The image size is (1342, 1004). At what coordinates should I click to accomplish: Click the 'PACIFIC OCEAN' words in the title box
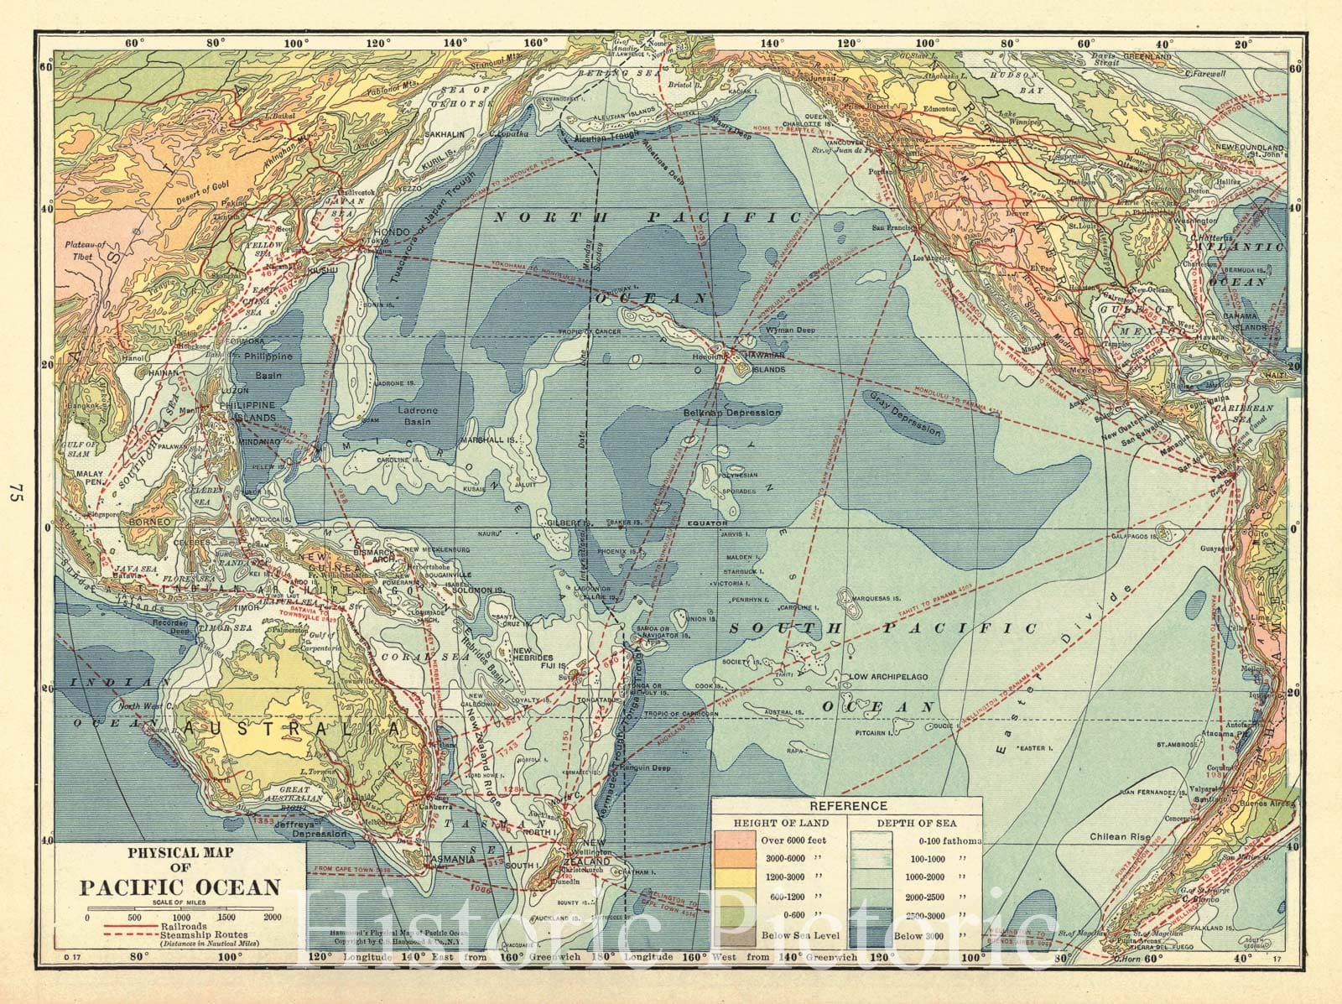(x=180, y=887)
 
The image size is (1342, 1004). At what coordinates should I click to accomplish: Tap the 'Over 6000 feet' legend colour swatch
(x=736, y=840)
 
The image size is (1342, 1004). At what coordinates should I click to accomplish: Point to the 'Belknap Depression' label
(x=732, y=413)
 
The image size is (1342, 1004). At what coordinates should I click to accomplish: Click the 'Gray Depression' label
(x=905, y=417)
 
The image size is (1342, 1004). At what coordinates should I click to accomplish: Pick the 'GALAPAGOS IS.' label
(x=1137, y=535)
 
